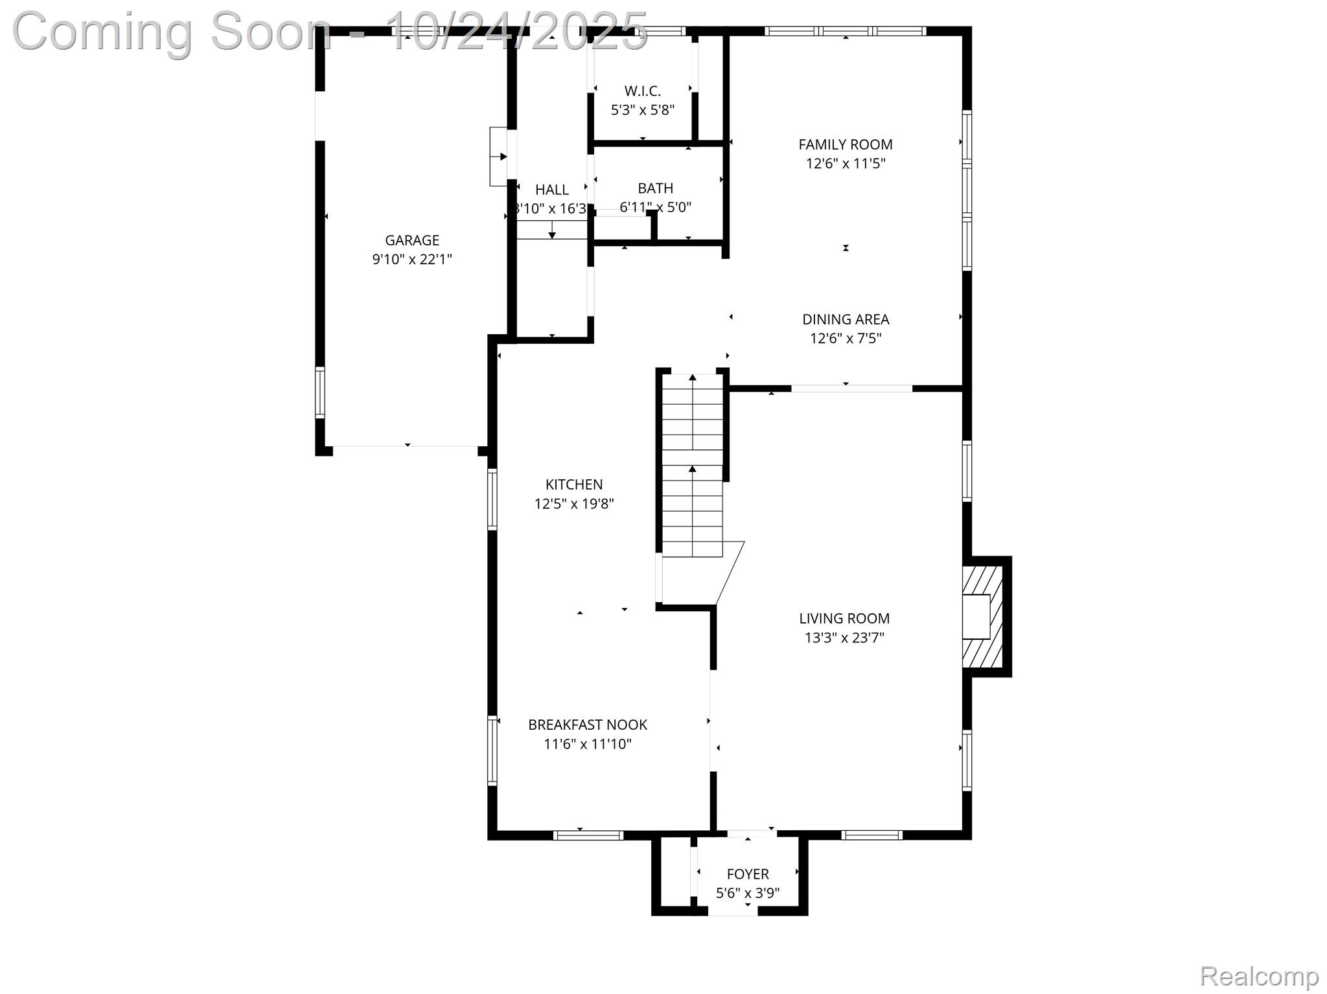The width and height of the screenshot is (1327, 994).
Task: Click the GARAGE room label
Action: [411, 240]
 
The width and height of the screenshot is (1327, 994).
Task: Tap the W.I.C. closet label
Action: [642, 91]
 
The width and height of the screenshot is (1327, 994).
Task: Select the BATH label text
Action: [655, 188]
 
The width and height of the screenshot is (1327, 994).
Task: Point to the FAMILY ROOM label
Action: [845, 144]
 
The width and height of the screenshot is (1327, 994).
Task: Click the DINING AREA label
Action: [845, 319]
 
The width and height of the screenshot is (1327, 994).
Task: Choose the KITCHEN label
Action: [573, 484]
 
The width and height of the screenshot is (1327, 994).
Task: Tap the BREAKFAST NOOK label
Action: [587, 725]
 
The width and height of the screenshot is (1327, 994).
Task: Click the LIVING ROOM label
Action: [844, 618]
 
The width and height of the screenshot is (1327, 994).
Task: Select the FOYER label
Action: [747, 874]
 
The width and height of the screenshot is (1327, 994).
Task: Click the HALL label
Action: [551, 190]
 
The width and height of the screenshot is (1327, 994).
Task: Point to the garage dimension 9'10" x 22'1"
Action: [411, 260]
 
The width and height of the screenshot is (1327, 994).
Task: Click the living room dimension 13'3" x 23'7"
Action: [844, 638]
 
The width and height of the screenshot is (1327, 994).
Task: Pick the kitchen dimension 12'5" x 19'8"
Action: [573, 504]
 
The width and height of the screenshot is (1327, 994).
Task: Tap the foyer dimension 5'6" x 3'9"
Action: [747, 894]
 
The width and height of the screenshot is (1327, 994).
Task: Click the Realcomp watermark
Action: [1258, 976]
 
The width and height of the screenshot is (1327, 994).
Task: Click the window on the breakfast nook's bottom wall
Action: [588, 835]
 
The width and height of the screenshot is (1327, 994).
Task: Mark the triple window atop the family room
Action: [845, 30]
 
